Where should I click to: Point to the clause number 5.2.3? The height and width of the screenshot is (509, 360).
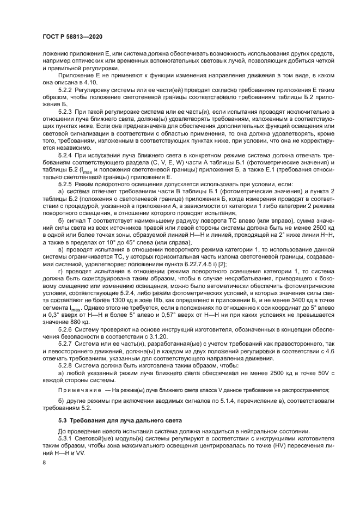click(x=65, y=111)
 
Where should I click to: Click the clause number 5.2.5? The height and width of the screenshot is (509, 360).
click(x=65, y=185)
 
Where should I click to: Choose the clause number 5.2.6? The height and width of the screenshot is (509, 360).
click(x=65, y=330)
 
